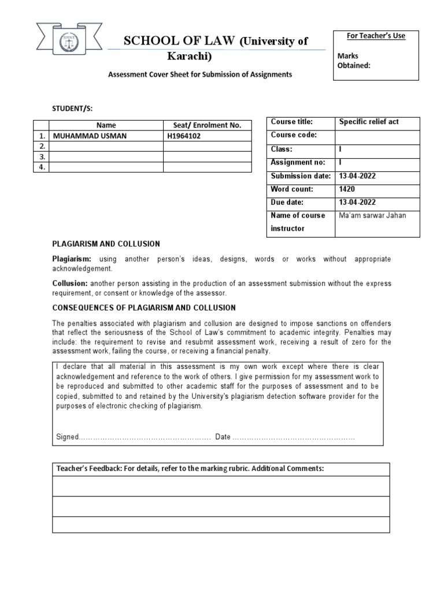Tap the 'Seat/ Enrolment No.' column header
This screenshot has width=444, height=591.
(207, 125)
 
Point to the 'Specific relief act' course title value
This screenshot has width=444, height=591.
(369, 122)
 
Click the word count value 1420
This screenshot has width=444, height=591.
(347, 189)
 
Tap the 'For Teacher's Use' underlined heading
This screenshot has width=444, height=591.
(376, 36)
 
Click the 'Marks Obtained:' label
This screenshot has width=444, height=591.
(354, 61)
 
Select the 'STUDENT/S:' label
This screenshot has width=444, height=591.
(72, 107)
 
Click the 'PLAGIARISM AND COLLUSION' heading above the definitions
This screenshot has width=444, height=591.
(106, 244)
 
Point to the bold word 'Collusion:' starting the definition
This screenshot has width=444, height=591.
(70, 283)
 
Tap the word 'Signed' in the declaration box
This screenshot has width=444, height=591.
(66, 436)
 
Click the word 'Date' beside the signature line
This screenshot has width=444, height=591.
(223, 436)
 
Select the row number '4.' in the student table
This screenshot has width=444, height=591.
(41, 167)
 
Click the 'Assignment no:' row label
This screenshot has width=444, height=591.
(298, 162)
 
